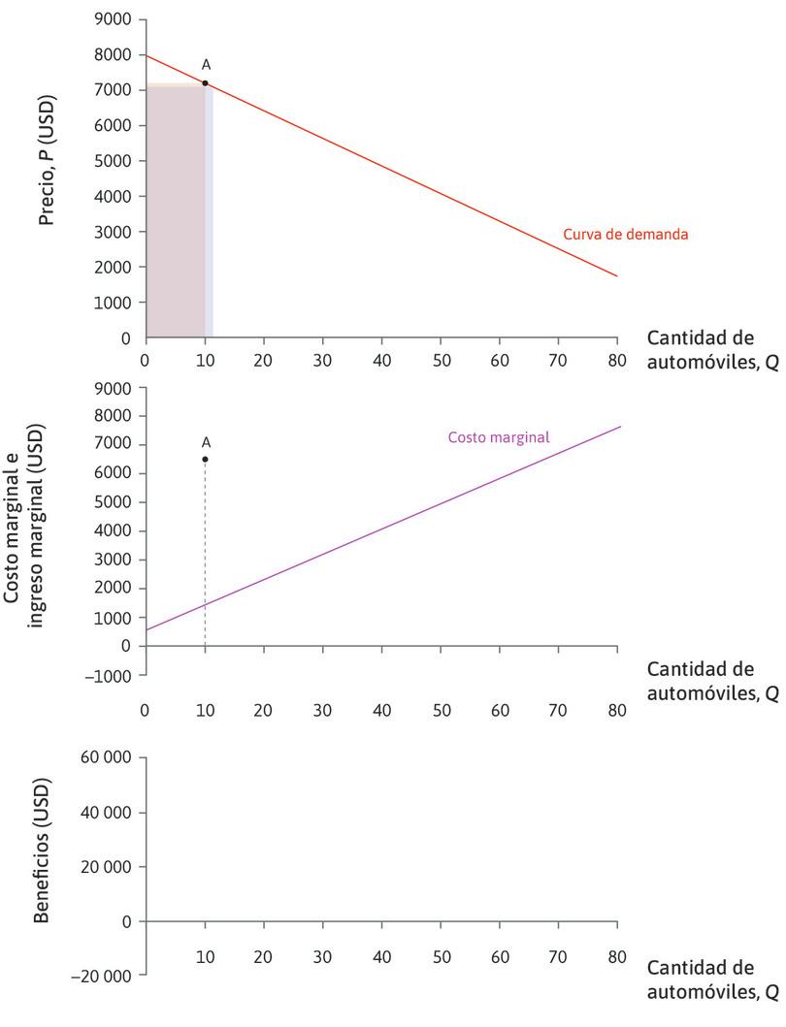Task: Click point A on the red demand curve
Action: click(x=205, y=83)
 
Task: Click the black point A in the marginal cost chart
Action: click(x=205, y=459)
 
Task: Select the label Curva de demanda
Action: click(x=626, y=234)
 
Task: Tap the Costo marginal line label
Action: click(x=499, y=437)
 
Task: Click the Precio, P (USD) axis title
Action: click(x=46, y=161)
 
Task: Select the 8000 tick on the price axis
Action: click(x=114, y=55)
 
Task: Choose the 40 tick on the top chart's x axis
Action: click(x=381, y=358)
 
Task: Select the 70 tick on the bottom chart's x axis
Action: click(x=558, y=955)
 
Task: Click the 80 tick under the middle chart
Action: click(x=616, y=709)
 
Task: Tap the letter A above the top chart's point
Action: click(x=206, y=64)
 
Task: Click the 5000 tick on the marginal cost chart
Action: click(x=114, y=502)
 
